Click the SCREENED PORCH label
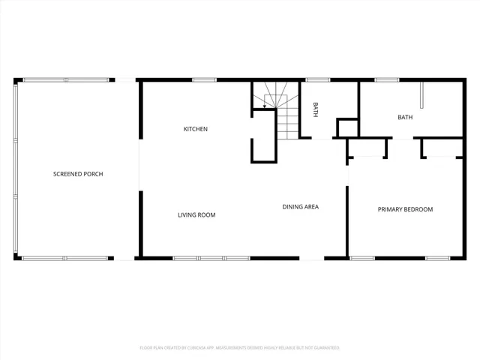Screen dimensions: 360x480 78,174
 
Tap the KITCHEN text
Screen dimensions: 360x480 196,129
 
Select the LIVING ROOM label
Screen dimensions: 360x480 196,215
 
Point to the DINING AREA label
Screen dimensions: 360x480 301,206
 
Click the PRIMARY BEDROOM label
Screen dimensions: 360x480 405,209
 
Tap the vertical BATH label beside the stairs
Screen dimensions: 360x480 316,110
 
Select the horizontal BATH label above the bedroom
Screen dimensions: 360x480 405,117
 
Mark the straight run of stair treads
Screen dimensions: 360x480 288,121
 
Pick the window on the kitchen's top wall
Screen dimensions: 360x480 204,79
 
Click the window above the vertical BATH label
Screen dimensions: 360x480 318,79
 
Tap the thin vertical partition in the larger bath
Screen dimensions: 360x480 421,95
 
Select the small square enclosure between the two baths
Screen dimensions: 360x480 347,128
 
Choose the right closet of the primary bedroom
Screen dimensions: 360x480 442,148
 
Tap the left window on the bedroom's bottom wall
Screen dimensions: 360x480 362,258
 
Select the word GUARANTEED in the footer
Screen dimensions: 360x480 325,348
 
